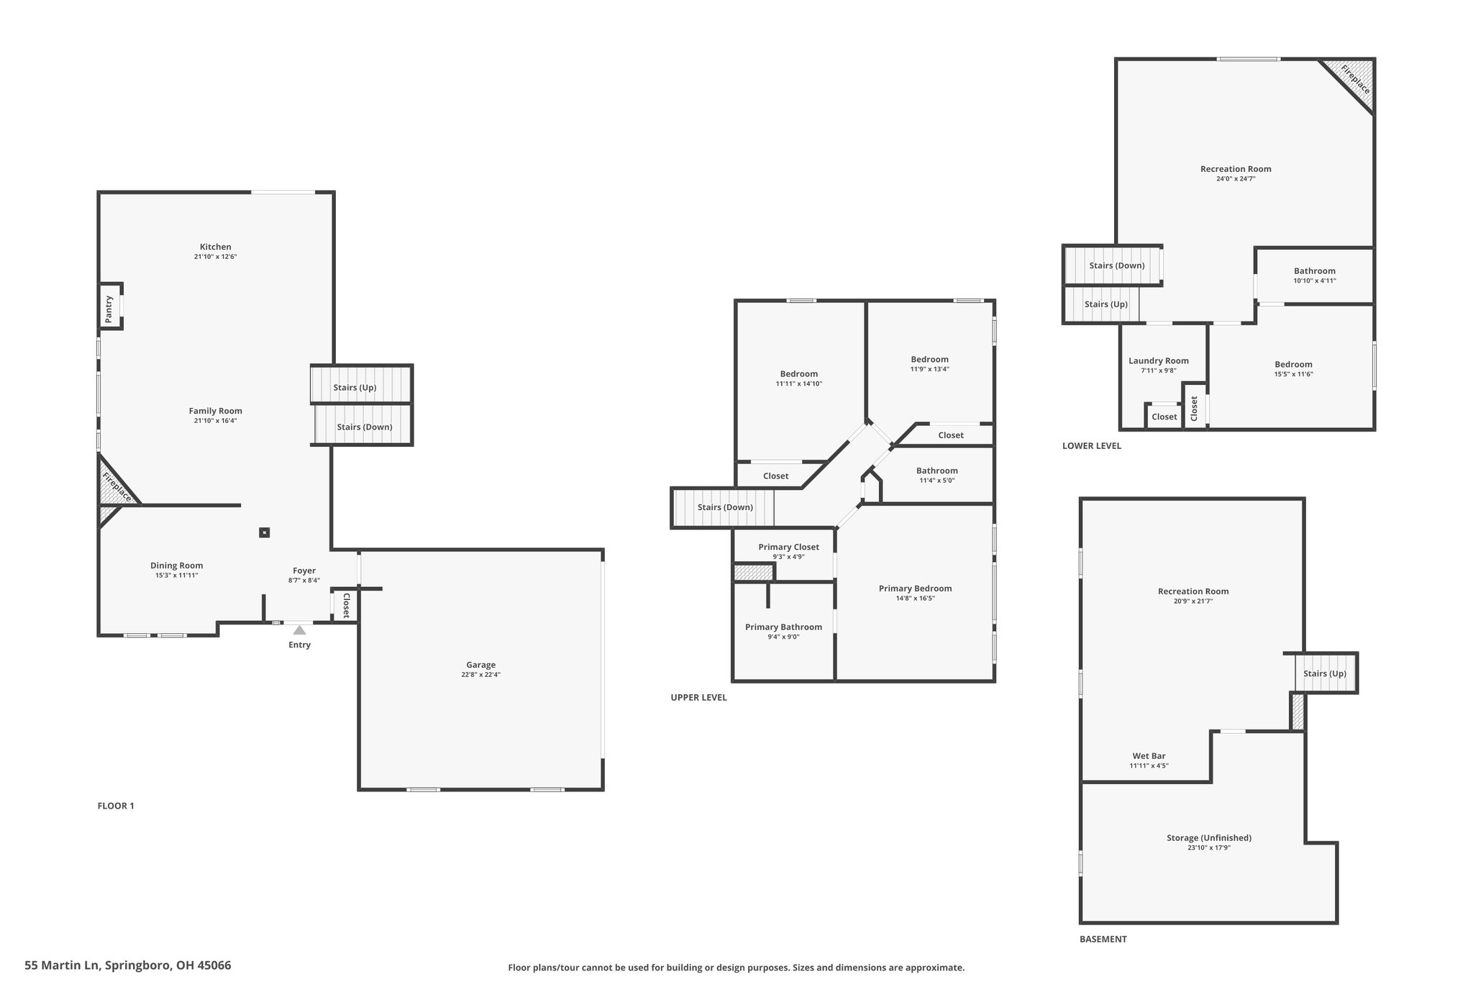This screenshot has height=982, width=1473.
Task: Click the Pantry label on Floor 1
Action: point(109,309)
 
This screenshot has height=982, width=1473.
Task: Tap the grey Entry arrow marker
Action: point(299,630)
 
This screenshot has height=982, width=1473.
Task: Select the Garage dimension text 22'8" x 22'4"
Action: point(480,675)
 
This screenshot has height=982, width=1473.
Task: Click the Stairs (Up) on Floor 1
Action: point(361,385)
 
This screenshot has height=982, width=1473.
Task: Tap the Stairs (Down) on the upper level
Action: point(724,508)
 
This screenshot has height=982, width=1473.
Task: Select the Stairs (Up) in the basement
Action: point(1325,673)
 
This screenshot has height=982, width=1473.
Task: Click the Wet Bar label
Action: point(1149,756)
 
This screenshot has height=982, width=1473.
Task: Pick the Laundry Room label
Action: point(1158,361)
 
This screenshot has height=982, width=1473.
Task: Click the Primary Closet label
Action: point(788,547)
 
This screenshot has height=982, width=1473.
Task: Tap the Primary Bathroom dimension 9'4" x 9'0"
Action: point(783,637)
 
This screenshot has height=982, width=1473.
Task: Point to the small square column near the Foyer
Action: point(264,532)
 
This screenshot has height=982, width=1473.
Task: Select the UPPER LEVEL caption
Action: point(698,697)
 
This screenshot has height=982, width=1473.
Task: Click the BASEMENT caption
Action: point(1103,939)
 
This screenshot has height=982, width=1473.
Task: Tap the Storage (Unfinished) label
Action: point(1208,837)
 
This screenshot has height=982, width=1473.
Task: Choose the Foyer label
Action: point(304,570)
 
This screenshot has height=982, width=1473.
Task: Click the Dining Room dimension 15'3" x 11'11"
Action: point(176,576)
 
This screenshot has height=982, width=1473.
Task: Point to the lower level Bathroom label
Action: point(1314,271)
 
